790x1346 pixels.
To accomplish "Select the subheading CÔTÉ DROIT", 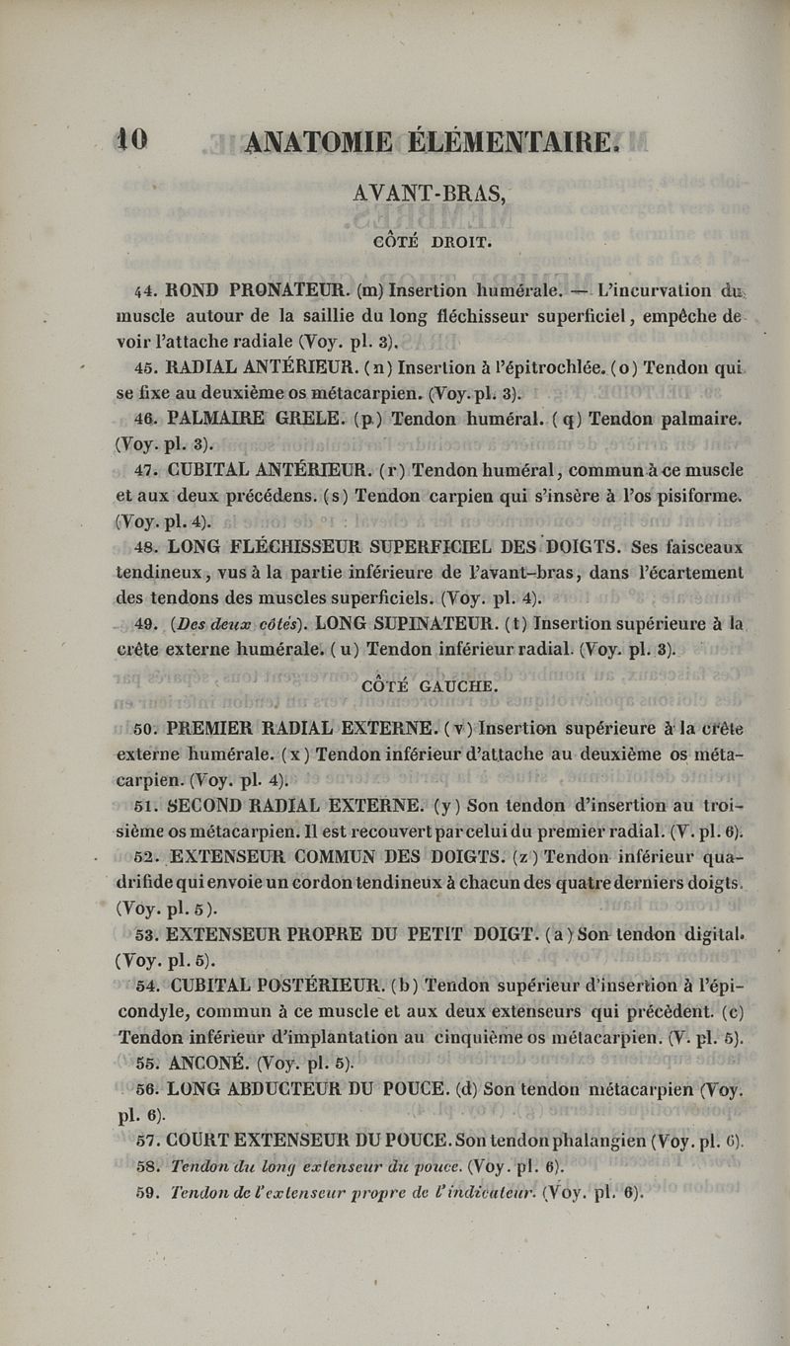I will tap(428, 239).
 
